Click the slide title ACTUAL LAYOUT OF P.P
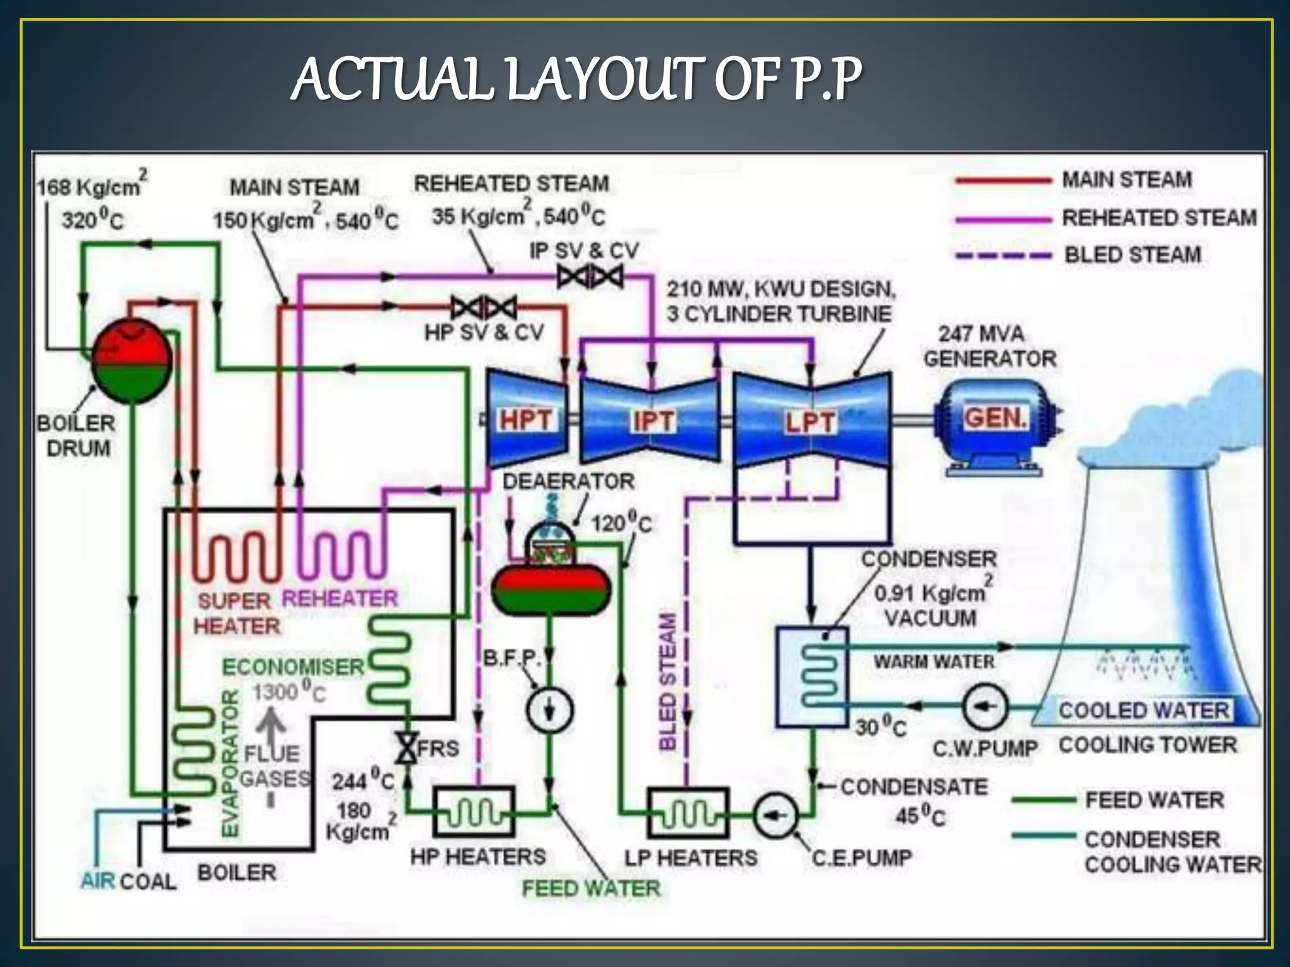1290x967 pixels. pos(576,80)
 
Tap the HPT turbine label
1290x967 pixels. pos(526,420)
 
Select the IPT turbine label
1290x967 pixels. pos(653,421)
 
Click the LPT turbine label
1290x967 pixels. pos(810,422)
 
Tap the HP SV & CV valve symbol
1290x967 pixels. pos(484,308)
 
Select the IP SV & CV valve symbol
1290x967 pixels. pos(590,276)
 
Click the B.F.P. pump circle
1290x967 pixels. pos(549,710)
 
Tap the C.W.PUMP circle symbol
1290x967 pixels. pos(985,706)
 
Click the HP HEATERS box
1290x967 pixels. pos(474,812)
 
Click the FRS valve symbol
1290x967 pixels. pos(408,749)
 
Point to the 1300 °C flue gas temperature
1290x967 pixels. pos(289,692)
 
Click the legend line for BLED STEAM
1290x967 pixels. pos(1003,256)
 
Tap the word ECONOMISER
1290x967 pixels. pos(293,667)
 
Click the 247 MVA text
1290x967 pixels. pos(981,334)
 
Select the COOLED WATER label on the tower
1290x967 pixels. pos(1143,710)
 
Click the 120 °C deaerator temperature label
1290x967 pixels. pos(621,523)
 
